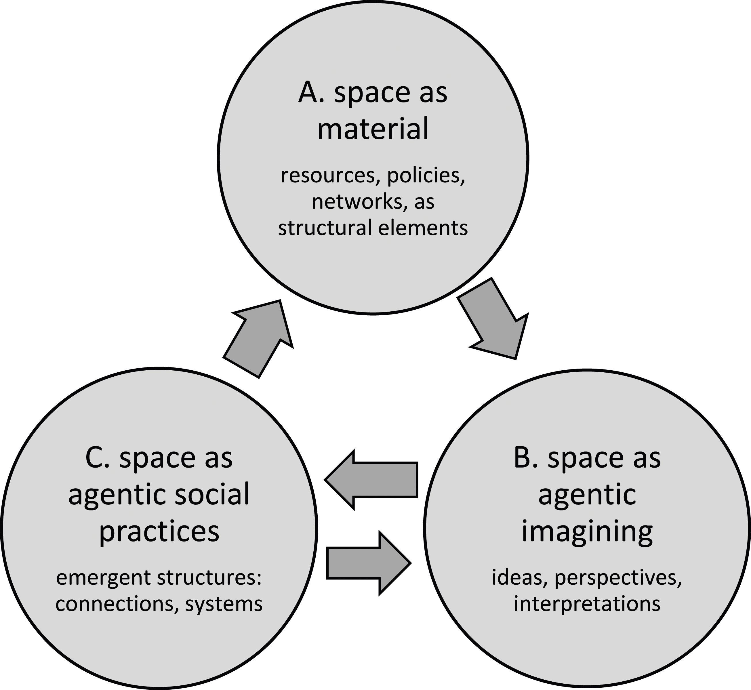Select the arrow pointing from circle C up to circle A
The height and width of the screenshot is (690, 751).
(x=258, y=338)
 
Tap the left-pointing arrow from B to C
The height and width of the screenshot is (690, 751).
(x=371, y=480)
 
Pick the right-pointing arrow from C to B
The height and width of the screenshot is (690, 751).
(x=369, y=563)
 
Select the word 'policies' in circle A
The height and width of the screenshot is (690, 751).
(x=426, y=176)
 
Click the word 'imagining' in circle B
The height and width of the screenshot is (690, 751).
(x=587, y=532)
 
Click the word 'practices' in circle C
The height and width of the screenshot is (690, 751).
(x=159, y=532)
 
